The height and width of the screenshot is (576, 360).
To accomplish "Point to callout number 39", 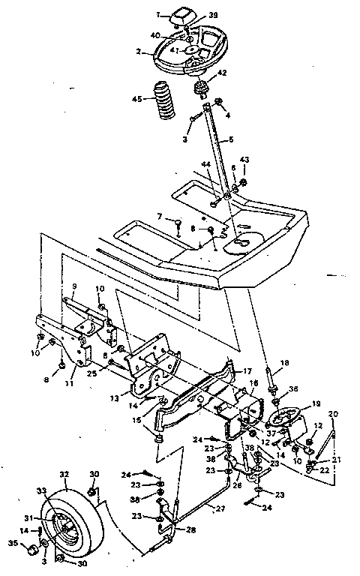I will tap(213, 15).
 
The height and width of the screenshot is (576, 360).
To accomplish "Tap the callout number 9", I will tap(75, 286).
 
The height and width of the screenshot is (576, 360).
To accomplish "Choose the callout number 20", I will tap(334, 414).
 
